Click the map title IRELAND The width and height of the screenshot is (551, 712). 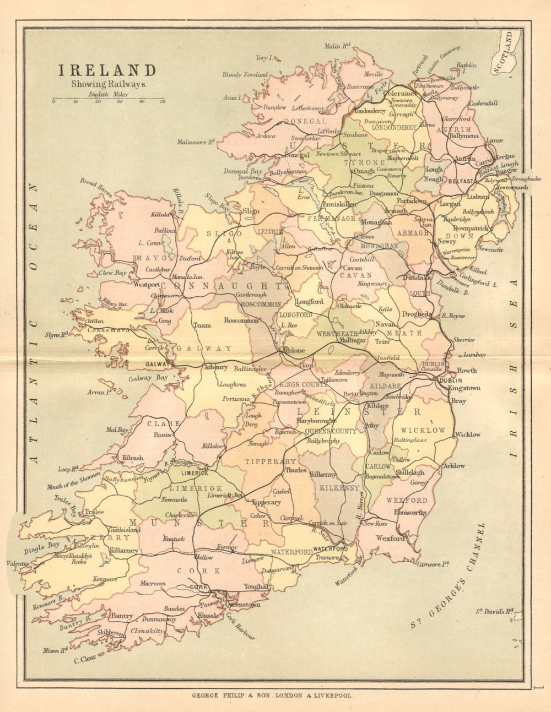point(107,70)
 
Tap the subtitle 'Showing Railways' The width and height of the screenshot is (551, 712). point(109,84)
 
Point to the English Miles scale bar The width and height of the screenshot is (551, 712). point(108,100)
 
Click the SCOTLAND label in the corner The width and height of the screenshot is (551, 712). point(506,52)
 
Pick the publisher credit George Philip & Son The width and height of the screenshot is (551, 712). point(271,695)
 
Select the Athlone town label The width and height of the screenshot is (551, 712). point(293,350)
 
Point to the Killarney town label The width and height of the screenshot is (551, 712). point(123,550)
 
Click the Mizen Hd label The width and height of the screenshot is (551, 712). point(55,650)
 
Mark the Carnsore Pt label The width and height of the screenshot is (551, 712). point(433,564)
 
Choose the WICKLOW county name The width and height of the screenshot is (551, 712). point(423,430)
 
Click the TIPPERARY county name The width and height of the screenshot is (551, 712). point(271,461)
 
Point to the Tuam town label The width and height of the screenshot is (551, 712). point(202,325)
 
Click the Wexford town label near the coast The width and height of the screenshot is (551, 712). point(390,538)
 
